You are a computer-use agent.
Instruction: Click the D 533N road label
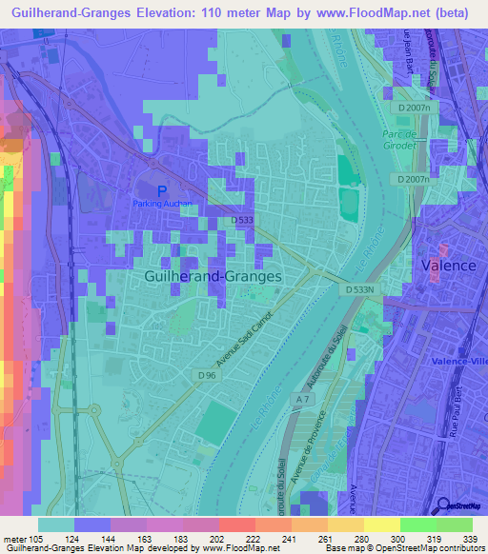pos(361,288)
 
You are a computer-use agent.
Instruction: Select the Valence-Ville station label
pos(459,361)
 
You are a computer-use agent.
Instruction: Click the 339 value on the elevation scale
pos(469,540)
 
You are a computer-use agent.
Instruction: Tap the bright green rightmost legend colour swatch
pos(455,524)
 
